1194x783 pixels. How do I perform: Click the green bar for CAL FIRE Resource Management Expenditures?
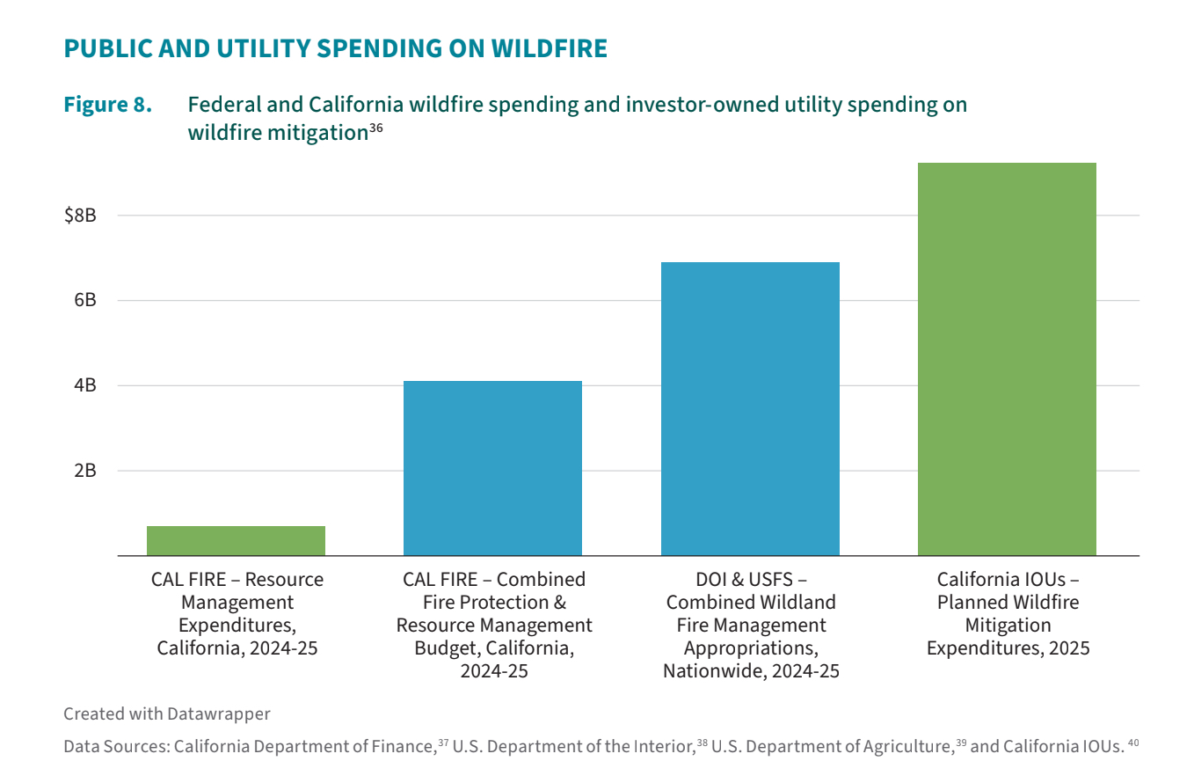[x=236, y=540]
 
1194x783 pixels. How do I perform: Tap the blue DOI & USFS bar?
[x=750, y=409]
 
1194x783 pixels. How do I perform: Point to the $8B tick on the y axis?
[x=80, y=216]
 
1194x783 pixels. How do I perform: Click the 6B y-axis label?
[x=84, y=301]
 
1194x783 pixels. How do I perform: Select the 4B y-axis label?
[x=84, y=385]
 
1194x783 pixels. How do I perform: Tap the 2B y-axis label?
[x=84, y=471]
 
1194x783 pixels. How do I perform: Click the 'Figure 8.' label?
[x=107, y=105]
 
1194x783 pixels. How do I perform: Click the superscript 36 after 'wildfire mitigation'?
[x=375, y=128]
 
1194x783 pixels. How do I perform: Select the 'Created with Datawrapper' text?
[x=167, y=713]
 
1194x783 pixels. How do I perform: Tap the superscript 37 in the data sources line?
[x=443, y=743]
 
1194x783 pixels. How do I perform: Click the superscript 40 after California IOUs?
[x=1133, y=743]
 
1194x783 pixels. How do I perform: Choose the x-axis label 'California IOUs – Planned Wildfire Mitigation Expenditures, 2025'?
[x=1008, y=614]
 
